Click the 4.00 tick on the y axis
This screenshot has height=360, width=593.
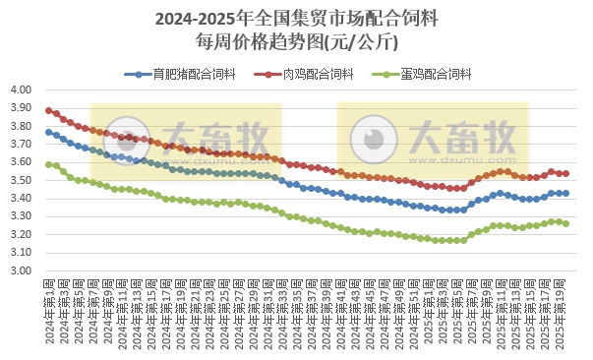(x=21, y=90)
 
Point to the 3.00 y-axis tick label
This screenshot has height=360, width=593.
(x=21, y=271)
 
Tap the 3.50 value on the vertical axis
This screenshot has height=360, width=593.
(x=21, y=181)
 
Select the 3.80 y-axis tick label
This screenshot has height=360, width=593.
(x=21, y=126)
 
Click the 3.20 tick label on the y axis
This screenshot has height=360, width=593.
(x=21, y=235)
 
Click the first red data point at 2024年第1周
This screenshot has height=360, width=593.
(x=49, y=110)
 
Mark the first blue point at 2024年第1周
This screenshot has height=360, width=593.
(x=49, y=132)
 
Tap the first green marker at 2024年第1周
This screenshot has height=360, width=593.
(x=49, y=164)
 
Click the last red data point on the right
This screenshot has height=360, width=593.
(x=565, y=173)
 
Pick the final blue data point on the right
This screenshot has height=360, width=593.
(x=565, y=194)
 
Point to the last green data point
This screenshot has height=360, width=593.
(x=565, y=223)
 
